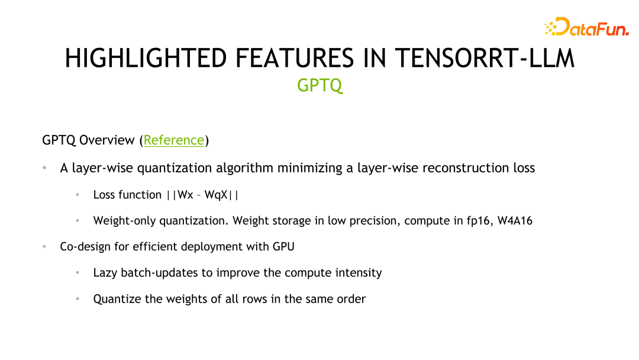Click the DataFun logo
(586, 27)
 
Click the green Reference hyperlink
(174, 140)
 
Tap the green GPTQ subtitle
(319, 85)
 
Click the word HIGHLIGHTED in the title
(146, 59)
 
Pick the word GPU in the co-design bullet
(283, 247)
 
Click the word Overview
(107, 140)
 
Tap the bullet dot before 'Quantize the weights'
(78, 299)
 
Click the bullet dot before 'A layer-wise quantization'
(44, 168)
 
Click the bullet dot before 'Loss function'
(78, 195)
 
